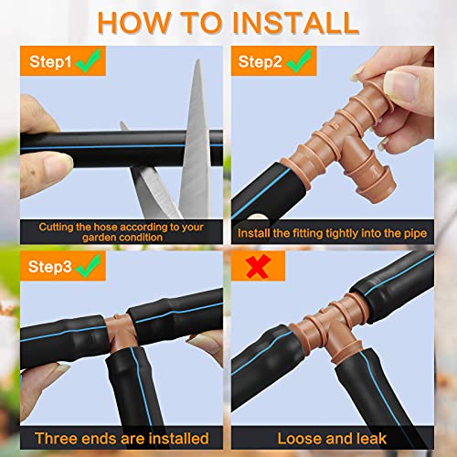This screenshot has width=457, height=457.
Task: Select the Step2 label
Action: pyautogui.click(x=260, y=62)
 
